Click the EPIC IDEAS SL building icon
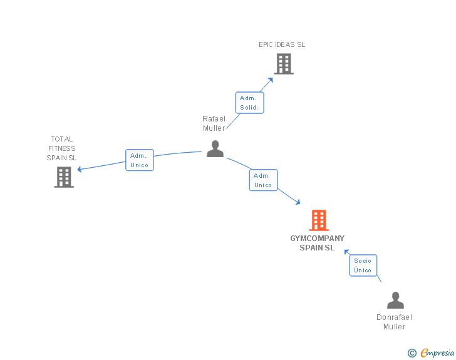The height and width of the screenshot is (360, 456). [283, 63]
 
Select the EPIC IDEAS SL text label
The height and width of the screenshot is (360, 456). [282, 44]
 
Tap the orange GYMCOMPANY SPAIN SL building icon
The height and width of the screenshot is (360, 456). [319, 220]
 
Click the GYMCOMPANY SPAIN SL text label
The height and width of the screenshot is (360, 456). [317, 243]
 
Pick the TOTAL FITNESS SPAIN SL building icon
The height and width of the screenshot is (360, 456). [64, 177]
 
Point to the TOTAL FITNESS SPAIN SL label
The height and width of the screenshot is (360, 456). [62, 148]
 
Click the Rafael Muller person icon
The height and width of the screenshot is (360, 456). [215, 149]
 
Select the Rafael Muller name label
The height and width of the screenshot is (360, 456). [214, 123]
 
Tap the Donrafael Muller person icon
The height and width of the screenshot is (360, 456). [395, 301]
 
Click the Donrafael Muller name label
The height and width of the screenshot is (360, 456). [395, 322]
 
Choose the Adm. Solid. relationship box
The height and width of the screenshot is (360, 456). [249, 103]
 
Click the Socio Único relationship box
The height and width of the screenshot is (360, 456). [363, 265]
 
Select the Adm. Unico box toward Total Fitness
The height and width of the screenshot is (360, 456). [139, 160]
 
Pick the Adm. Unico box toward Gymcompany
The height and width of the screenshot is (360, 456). [263, 180]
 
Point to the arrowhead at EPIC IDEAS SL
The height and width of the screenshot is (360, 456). [271, 79]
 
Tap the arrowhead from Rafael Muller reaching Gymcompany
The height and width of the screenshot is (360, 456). [298, 202]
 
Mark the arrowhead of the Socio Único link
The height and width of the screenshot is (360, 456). [345, 251]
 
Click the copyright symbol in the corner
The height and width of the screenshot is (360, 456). [412, 353]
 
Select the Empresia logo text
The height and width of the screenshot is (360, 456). [437, 353]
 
